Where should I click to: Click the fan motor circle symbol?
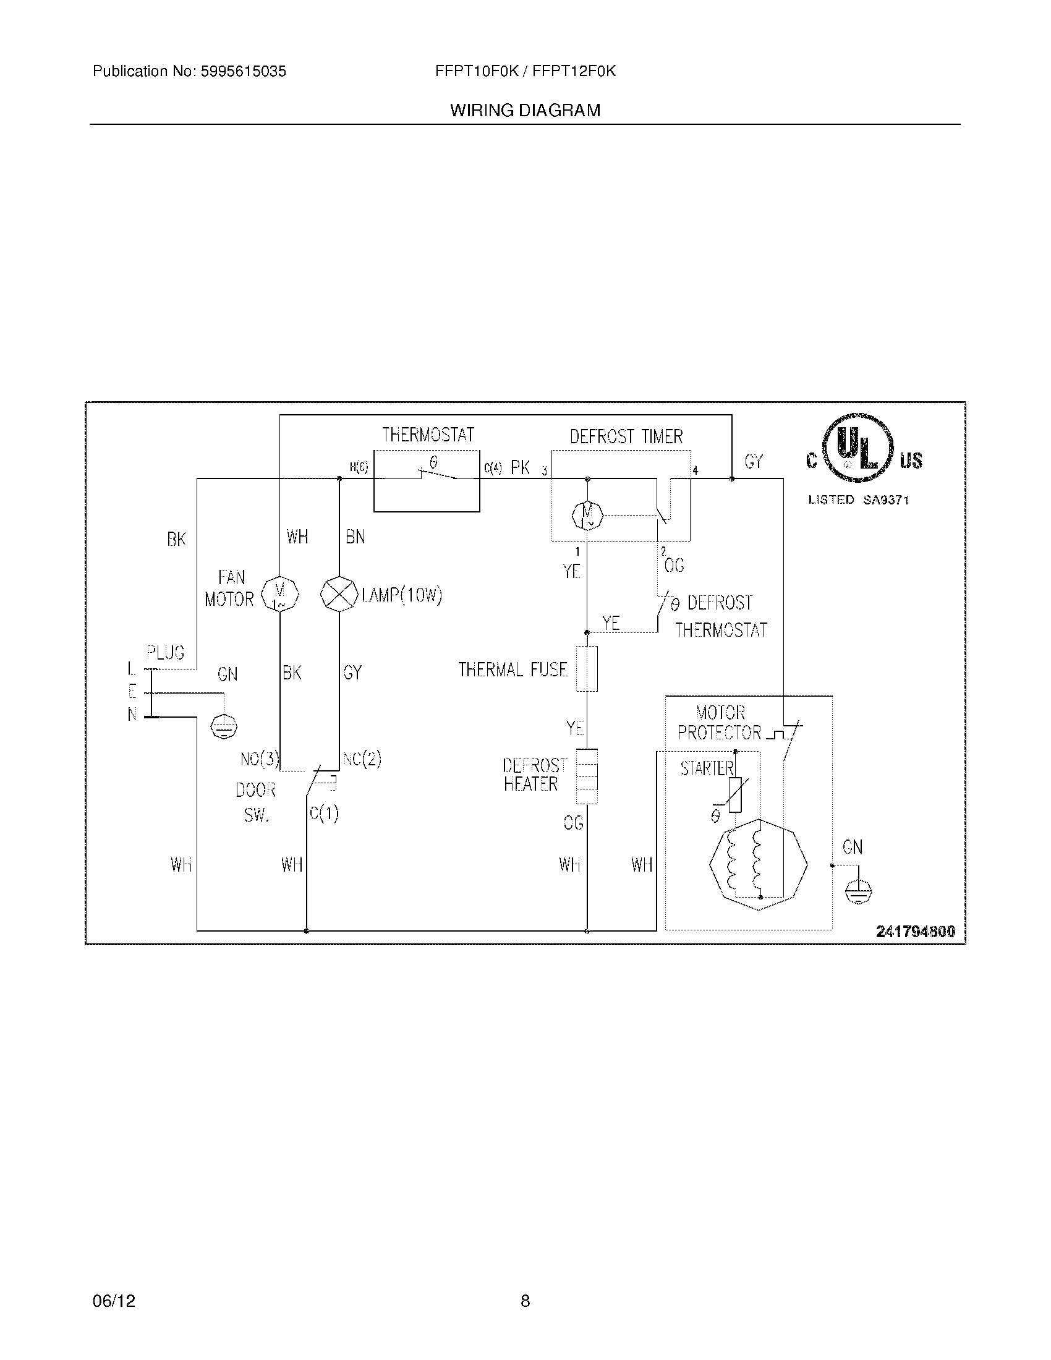click(279, 595)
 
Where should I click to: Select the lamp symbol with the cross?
click(339, 595)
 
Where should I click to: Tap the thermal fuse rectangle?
click(587, 669)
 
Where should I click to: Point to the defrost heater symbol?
click(587, 776)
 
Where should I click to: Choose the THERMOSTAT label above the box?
click(428, 435)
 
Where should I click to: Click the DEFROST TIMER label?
click(626, 436)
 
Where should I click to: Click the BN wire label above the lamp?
click(355, 537)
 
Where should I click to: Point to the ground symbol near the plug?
click(224, 726)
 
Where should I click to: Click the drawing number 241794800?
click(915, 932)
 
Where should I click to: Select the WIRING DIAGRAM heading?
click(525, 111)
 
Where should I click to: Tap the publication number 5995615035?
click(243, 72)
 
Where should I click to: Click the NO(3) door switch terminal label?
click(260, 759)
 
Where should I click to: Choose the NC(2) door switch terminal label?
click(362, 759)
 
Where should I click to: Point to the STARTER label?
click(707, 768)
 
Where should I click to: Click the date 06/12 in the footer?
click(114, 1301)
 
